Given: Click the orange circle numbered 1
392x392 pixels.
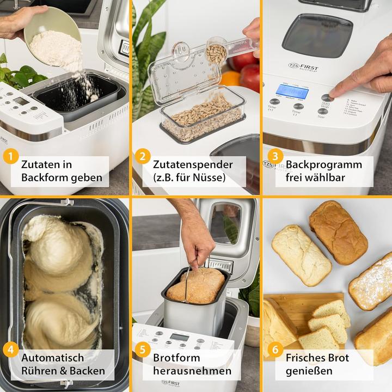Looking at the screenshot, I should tap(10, 157).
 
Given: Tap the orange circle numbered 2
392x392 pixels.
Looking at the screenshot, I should tap(143, 157).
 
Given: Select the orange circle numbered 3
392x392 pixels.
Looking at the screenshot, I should tap(275, 157).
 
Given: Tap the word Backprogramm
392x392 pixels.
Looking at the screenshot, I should tap(324, 164).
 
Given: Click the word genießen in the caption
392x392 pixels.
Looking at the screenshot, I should tap(308, 371).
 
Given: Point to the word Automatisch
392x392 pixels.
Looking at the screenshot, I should tap(53, 358).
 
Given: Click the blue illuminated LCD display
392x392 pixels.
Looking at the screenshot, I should tap(292, 91).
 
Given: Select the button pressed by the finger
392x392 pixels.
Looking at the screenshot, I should tap(326, 97).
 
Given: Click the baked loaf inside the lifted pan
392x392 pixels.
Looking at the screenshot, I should tap(195, 285).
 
